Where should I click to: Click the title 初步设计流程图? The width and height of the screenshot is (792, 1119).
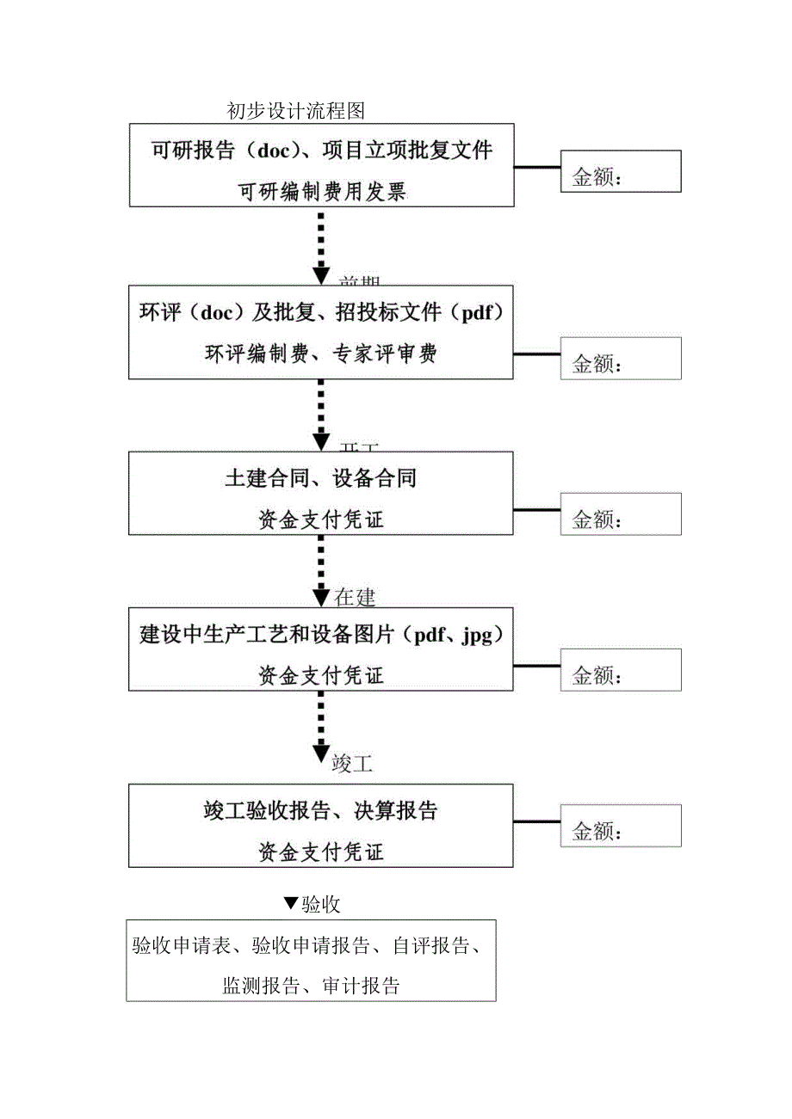(x=296, y=111)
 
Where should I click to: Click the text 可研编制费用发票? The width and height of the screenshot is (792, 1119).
(x=321, y=192)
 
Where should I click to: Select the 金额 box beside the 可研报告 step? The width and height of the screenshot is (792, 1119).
(x=621, y=171)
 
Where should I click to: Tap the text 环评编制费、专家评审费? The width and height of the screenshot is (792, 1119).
(x=321, y=354)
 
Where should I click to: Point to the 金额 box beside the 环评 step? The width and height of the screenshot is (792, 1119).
(x=621, y=358)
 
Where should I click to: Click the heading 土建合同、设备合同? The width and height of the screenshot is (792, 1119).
(x=321, y=478)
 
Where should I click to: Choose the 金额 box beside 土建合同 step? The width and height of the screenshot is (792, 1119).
(x=621, y=513)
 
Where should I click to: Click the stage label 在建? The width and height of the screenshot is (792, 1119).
(x=355, y=597)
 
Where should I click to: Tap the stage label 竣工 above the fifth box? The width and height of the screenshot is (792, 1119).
(x=352, y=762)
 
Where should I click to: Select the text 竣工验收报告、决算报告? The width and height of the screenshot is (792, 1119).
(x=321, y=811)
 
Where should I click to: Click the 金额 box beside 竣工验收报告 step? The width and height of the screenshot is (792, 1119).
(x=621, y=825)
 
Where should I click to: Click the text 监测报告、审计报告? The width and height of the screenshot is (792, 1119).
(x=311, y=986)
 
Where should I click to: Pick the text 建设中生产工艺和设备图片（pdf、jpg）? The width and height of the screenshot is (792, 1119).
(x=321, y=636)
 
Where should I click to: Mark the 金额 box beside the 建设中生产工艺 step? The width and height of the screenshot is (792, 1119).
(x=621, y=670)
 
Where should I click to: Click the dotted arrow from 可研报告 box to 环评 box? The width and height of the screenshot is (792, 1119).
(x=321, y=244)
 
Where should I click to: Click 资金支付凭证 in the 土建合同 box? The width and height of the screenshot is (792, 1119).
(x=321, y=519)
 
